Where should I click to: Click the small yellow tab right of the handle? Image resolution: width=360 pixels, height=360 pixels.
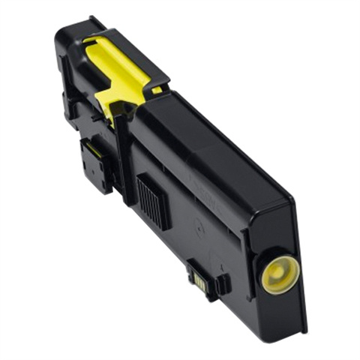tap(157, 90)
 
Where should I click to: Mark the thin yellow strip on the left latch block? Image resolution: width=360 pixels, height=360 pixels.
tap(89, 151)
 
